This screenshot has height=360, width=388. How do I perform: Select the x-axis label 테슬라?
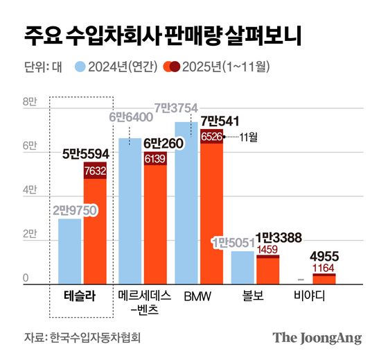pyautogui.click(x=73, y=297)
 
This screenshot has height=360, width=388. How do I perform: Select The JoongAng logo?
pyautogui.click(x=317, y=338)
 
